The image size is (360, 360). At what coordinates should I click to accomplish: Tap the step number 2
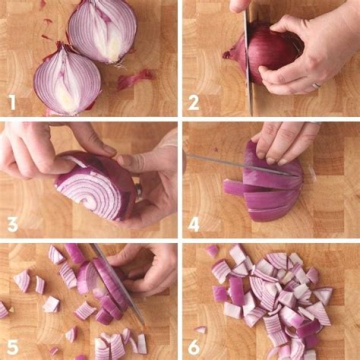pos(193,102)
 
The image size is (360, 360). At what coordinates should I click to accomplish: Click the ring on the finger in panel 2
pos(316,85)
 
